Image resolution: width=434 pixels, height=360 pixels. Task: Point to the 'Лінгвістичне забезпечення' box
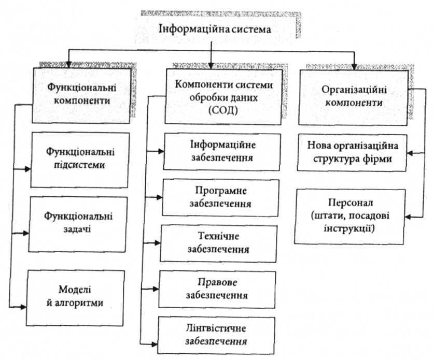[x=218, y=335]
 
